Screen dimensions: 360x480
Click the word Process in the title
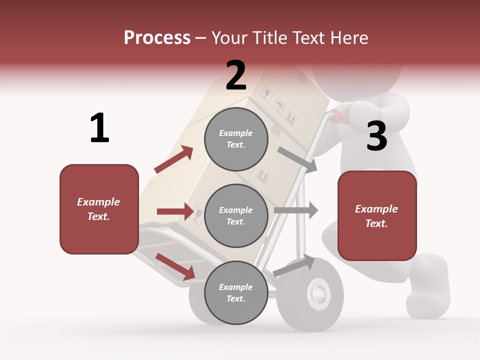[157, 37]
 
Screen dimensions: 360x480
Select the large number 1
[99, 128]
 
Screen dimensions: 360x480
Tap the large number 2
[236, 75]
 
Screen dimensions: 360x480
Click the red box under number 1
[99, 209]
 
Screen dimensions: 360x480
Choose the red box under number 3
[377, 216]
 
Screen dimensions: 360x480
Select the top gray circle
[236, 139]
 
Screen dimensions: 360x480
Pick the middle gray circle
[236, 215]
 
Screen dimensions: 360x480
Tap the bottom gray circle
[236, 292]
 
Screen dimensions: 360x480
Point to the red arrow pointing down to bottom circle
[175, 266]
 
